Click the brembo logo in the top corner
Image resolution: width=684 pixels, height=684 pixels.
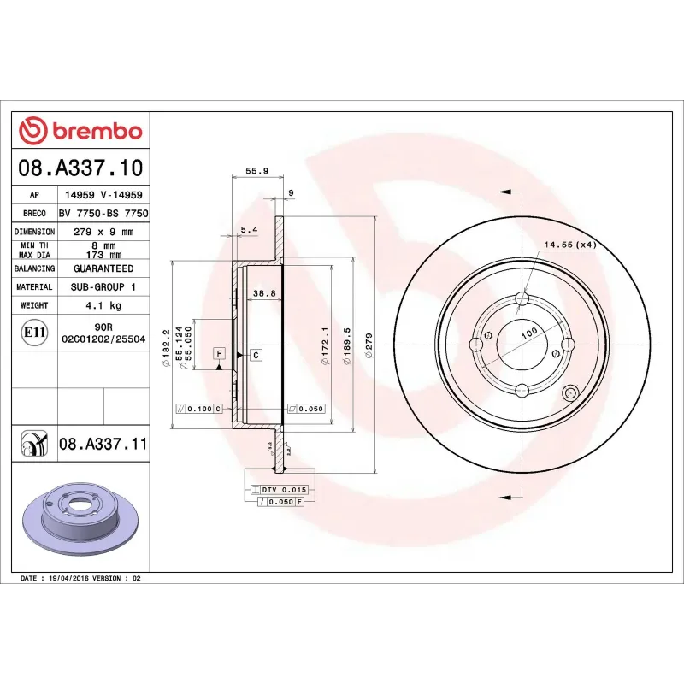click(x=80, y=131)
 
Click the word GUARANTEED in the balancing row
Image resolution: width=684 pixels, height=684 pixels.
click(x=103, y=268)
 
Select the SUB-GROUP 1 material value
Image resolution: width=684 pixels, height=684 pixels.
click(x=103, y=287)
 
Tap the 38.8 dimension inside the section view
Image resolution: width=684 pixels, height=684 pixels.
click(x=264, y=293)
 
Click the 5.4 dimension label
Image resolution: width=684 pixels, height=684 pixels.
click(x=249, y=229)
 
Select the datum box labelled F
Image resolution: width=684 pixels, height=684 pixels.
click(x=219, y=353)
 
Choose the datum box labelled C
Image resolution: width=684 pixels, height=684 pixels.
click(x=256, y=354)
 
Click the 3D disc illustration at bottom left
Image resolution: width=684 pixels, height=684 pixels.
click(x=81, y=520)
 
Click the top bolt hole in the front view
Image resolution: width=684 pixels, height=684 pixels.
click(x=522, y=298)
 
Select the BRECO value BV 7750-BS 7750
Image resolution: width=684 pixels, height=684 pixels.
click(x=103, y=213)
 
